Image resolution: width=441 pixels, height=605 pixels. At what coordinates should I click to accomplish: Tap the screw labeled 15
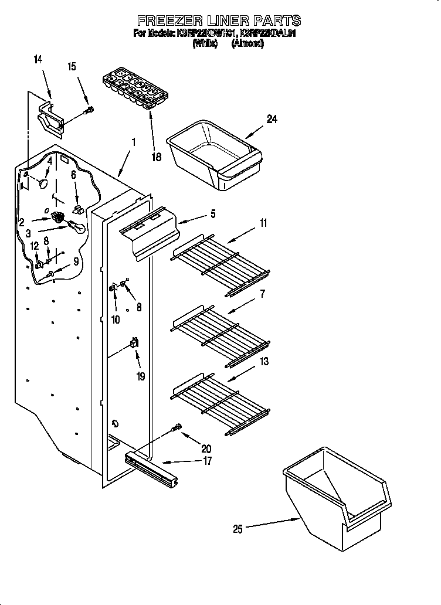point(89,110)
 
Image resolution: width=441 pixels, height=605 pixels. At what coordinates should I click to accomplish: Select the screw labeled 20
point(177,430)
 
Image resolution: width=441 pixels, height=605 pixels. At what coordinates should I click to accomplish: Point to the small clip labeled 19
point(134,344)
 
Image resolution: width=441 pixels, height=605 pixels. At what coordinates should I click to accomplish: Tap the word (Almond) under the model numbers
point(247,43)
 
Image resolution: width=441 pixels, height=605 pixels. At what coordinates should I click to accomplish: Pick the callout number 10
point(116,320)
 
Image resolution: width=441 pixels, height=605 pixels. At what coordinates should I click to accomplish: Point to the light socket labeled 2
point(59,217)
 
